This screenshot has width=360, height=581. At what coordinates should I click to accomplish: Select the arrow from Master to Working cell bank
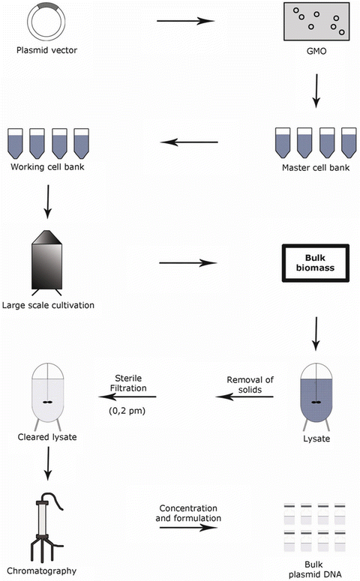point(191,142)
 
